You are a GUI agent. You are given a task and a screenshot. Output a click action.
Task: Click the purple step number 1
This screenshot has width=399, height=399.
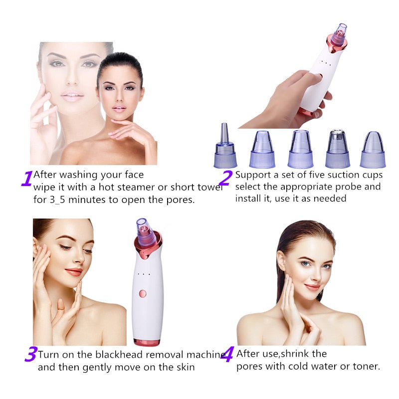click(26, 178)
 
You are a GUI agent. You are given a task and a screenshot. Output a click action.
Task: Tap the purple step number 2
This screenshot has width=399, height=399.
click(225, 178)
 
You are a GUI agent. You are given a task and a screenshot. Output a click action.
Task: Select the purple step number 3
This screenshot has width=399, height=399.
click(30, 355)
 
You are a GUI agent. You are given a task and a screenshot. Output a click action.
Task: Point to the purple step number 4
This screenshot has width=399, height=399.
click(227, 355)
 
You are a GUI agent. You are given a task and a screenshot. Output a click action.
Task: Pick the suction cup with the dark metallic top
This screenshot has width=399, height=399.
click(338, 149)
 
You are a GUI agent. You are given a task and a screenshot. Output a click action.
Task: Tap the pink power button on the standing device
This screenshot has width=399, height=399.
click(142, 293)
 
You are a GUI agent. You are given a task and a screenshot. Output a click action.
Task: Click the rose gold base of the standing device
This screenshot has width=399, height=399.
click(147, 342)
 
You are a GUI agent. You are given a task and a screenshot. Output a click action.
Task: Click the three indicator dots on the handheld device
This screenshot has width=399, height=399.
click(326, 63)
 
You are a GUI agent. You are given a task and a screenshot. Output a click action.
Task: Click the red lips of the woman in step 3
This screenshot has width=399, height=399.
click(73, 272)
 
